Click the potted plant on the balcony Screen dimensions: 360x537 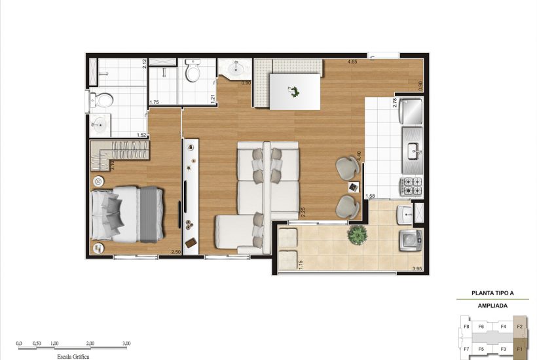point(357,234)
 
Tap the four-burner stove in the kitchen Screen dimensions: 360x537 point(412,187)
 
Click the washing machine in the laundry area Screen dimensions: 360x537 point(411,240)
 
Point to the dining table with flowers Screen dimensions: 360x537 point(295,91)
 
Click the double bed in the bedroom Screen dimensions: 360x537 point(128,214)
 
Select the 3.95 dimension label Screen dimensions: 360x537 point(417,269)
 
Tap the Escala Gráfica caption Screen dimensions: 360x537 point(73,356)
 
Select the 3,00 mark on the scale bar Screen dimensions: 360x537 point(126,343)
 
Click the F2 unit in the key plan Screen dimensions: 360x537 point(519,326)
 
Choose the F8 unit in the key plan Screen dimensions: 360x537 point(466,326)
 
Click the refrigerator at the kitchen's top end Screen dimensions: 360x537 point(413,112)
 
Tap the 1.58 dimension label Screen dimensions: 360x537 point(370,196)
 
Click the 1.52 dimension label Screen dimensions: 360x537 point(141,135)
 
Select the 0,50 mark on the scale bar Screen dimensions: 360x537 point(38,343)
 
